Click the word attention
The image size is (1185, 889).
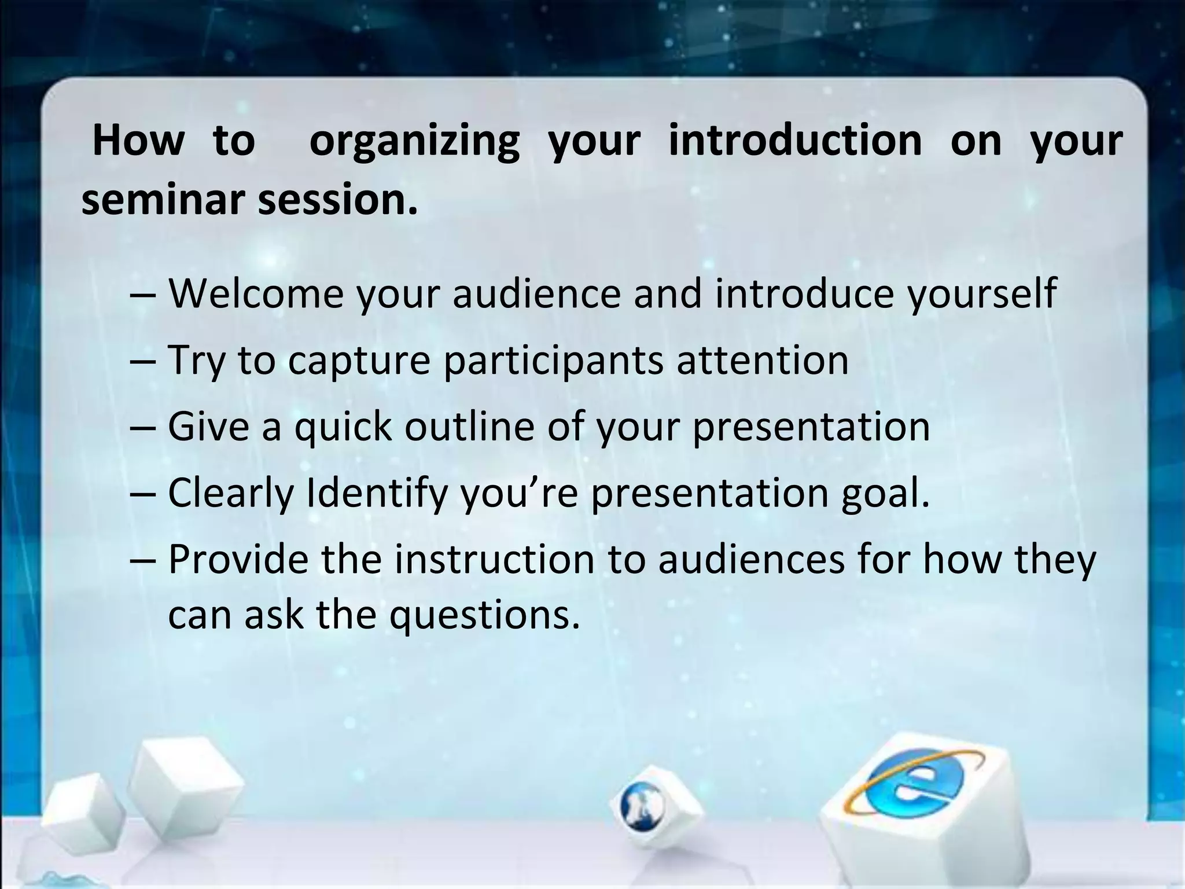click(763, 360)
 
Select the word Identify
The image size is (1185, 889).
click(377, 494)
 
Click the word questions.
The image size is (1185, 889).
click(484, 615)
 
